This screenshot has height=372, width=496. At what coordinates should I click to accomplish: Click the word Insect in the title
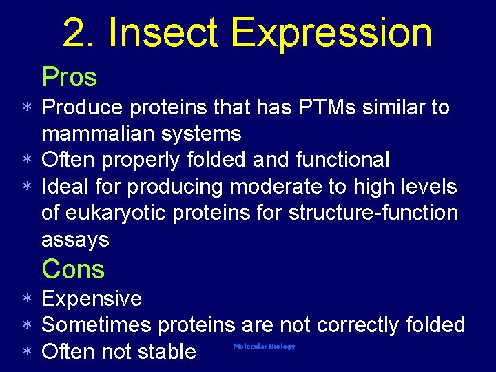point(164,32)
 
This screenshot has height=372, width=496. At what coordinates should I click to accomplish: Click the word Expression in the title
point(331,32)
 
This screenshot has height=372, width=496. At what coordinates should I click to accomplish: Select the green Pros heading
point(69,77)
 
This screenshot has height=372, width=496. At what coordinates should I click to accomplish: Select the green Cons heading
point(73,269)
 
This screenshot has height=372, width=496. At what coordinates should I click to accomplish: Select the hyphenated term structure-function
point(373,212)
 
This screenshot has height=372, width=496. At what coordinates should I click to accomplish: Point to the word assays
point(75,239)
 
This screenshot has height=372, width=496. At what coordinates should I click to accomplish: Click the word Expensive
point(92,299)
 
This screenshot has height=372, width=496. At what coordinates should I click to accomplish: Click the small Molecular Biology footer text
point(264,347)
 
